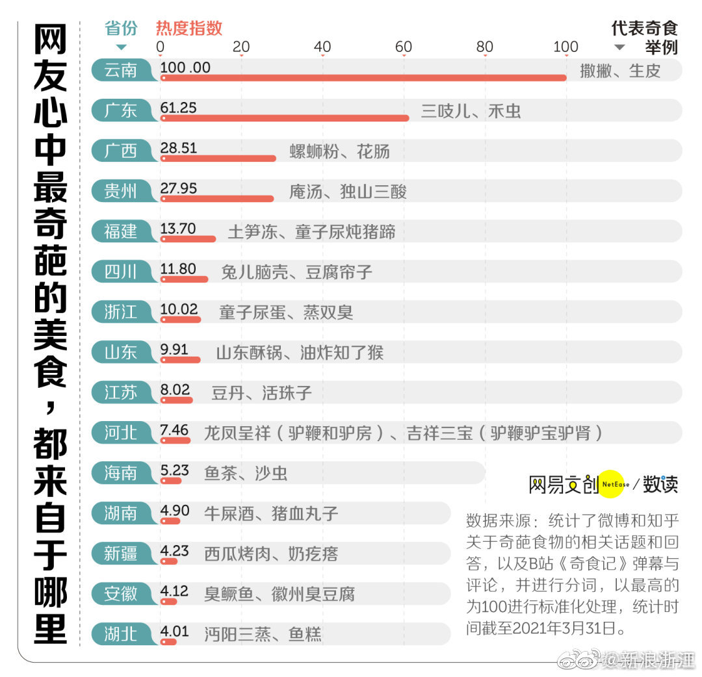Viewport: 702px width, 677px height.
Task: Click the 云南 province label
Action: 122,70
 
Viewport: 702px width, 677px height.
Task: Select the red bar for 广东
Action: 285,118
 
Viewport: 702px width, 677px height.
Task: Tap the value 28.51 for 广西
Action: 179,148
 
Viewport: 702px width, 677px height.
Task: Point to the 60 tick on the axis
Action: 404,47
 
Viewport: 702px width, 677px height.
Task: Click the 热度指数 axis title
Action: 189,28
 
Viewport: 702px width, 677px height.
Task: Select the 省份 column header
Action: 122,29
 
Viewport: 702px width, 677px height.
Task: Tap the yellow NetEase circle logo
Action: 615,484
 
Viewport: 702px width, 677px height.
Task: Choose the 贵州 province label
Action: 122,191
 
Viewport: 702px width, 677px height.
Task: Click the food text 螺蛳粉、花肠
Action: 339,151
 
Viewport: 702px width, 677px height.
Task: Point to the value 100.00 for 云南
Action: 185,68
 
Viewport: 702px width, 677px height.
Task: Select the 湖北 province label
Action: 122,634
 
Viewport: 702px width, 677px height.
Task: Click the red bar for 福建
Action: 188,239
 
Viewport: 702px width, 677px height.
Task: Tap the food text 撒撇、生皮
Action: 620,71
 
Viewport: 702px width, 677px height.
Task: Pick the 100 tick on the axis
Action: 565,47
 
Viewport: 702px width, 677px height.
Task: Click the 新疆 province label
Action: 122,554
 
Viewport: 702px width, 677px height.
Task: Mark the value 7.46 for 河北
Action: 174,430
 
